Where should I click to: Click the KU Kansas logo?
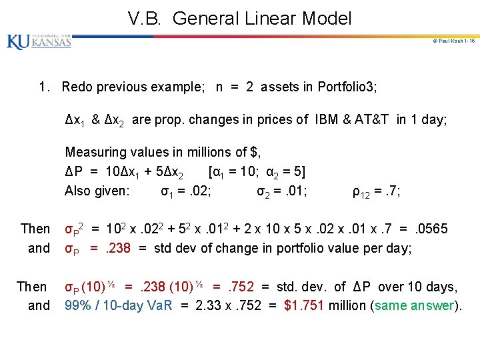[39, 41]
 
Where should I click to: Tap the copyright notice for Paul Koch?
[453, 41]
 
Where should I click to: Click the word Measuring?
[95, 153]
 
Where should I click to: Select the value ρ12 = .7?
[376, 192]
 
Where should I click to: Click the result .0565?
[432, 229]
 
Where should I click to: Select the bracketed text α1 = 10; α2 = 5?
[257, 172]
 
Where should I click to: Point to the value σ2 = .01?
[282, 192]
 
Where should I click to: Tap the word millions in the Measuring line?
[195, 153]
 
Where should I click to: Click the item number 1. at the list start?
[45, 87]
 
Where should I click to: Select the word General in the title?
[202, 19]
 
